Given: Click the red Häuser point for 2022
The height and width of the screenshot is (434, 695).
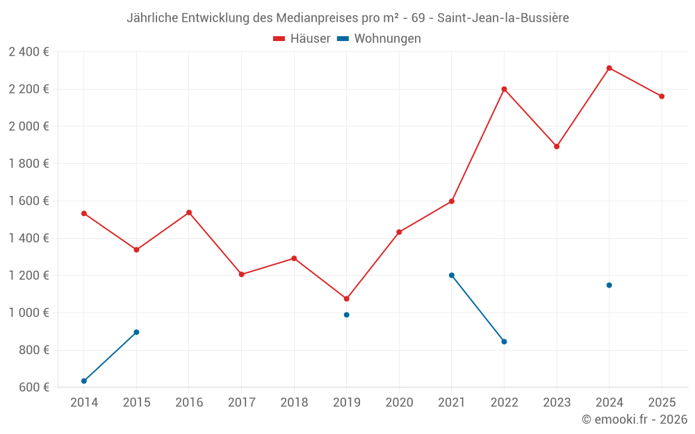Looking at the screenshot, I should [x=504, y=89].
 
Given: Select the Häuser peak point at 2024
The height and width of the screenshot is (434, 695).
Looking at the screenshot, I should [x=609, y=68].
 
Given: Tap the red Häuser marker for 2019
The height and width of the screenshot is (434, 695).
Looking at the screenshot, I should [x=346, y=299].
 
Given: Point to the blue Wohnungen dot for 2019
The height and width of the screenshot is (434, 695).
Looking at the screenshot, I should [x=346, y=315].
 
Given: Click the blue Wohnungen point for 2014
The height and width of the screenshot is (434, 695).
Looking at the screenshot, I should [x=84, y=381].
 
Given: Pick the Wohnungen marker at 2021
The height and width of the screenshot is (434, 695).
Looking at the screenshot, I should [x=452, y=275].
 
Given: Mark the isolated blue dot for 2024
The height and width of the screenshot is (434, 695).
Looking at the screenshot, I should [x=609, y=285].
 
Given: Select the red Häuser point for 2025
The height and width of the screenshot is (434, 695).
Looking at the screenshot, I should [x=662, y=97].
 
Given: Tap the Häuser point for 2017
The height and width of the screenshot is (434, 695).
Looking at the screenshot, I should [x=241, y=274].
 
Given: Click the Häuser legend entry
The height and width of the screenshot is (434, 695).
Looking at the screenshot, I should [x=302, y=39].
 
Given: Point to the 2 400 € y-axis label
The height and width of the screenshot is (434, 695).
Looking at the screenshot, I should [x=28, y=51].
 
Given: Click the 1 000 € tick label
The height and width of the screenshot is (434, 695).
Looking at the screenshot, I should [x=28, y=312].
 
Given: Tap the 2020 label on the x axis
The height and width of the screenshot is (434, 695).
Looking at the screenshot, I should [x=399, y=402].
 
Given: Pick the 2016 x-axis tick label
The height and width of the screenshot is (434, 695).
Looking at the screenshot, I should [x=189, y=402].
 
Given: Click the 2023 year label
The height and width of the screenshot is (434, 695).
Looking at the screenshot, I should [x=557, y=402].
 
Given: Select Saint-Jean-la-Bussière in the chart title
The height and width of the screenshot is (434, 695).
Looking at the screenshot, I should [x=503, y=18].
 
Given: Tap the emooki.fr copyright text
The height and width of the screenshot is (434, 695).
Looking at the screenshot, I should [x=635, y=419].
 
